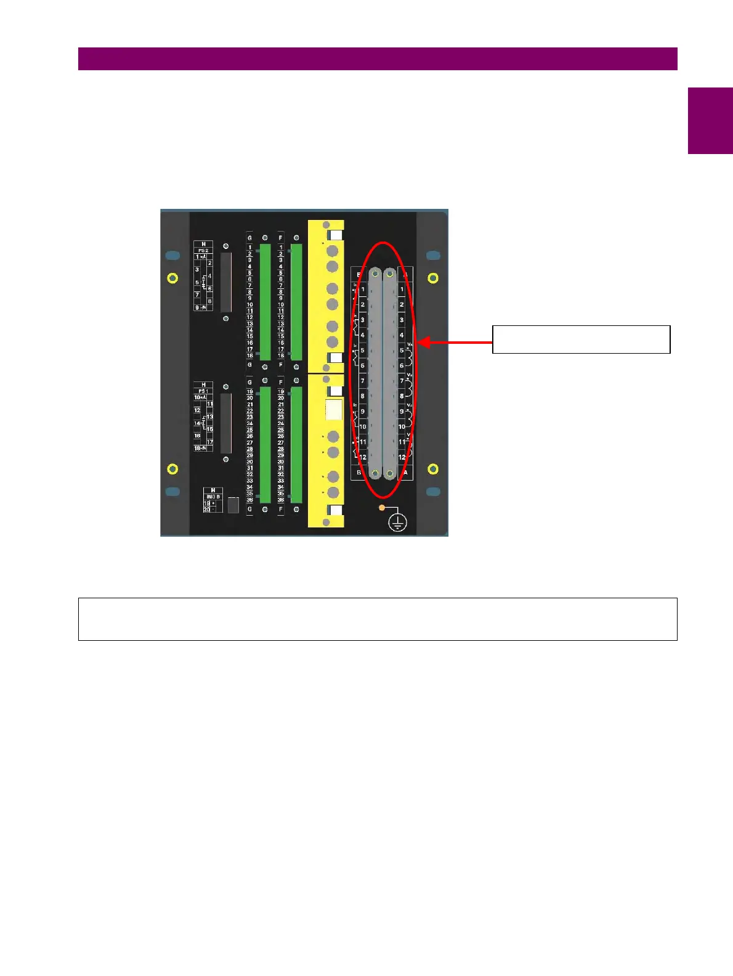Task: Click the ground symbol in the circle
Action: coord(398,523)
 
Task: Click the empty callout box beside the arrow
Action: coord(581,340)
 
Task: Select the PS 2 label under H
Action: coord(203,251)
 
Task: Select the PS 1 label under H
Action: coord(203,391)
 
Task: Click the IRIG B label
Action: coord(213,497)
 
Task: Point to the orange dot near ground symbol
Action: coord(382,507)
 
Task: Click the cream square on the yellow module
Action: coord(333,410)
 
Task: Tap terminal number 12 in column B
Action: coord(363,457)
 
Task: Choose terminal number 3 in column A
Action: coord(402,320)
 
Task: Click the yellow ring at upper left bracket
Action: coord(173,279)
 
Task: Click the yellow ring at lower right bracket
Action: coord(433,469)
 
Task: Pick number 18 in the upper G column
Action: coord(249,356)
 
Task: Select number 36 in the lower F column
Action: coord(281,500)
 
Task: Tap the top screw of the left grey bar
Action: coord(375,274)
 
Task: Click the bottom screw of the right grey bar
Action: coord(390,473)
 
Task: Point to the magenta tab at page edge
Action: coord(710,121)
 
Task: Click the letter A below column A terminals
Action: coord(405,473)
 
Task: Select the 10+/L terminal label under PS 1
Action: coord(200,397)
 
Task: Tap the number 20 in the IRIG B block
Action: coord(207,510)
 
